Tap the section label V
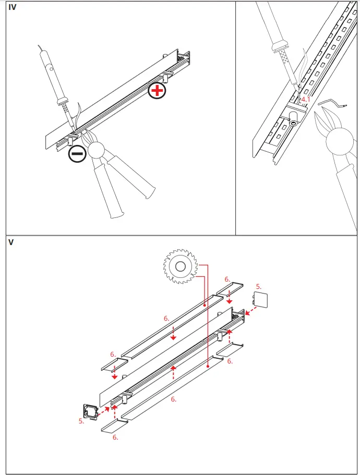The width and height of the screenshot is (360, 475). pyautogui.click(x=11, y=242)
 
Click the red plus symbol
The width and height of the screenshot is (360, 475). pyautogui.click(x=157, y=91)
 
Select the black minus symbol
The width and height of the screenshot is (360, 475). pyautogui.click(x=77, y=154)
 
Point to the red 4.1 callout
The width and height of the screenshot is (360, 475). pyautogui.click(x=306, y=99)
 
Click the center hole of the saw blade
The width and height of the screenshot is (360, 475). pyautogui.click(x=181, y=267)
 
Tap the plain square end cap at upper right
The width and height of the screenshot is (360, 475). pyautogui.click(x=260, y=301)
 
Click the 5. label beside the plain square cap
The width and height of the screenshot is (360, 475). pyautogui.click(x=258, y=286)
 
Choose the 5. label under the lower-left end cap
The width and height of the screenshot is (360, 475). pyautogui.click(x=81, y=421)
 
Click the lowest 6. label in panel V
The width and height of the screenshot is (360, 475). pyautogui.click(x=115, y=437)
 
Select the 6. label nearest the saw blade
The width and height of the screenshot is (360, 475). pyautogui.click(x=227, y=279)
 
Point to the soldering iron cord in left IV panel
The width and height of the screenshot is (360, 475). pyautogui.click(x=42, y=50)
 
